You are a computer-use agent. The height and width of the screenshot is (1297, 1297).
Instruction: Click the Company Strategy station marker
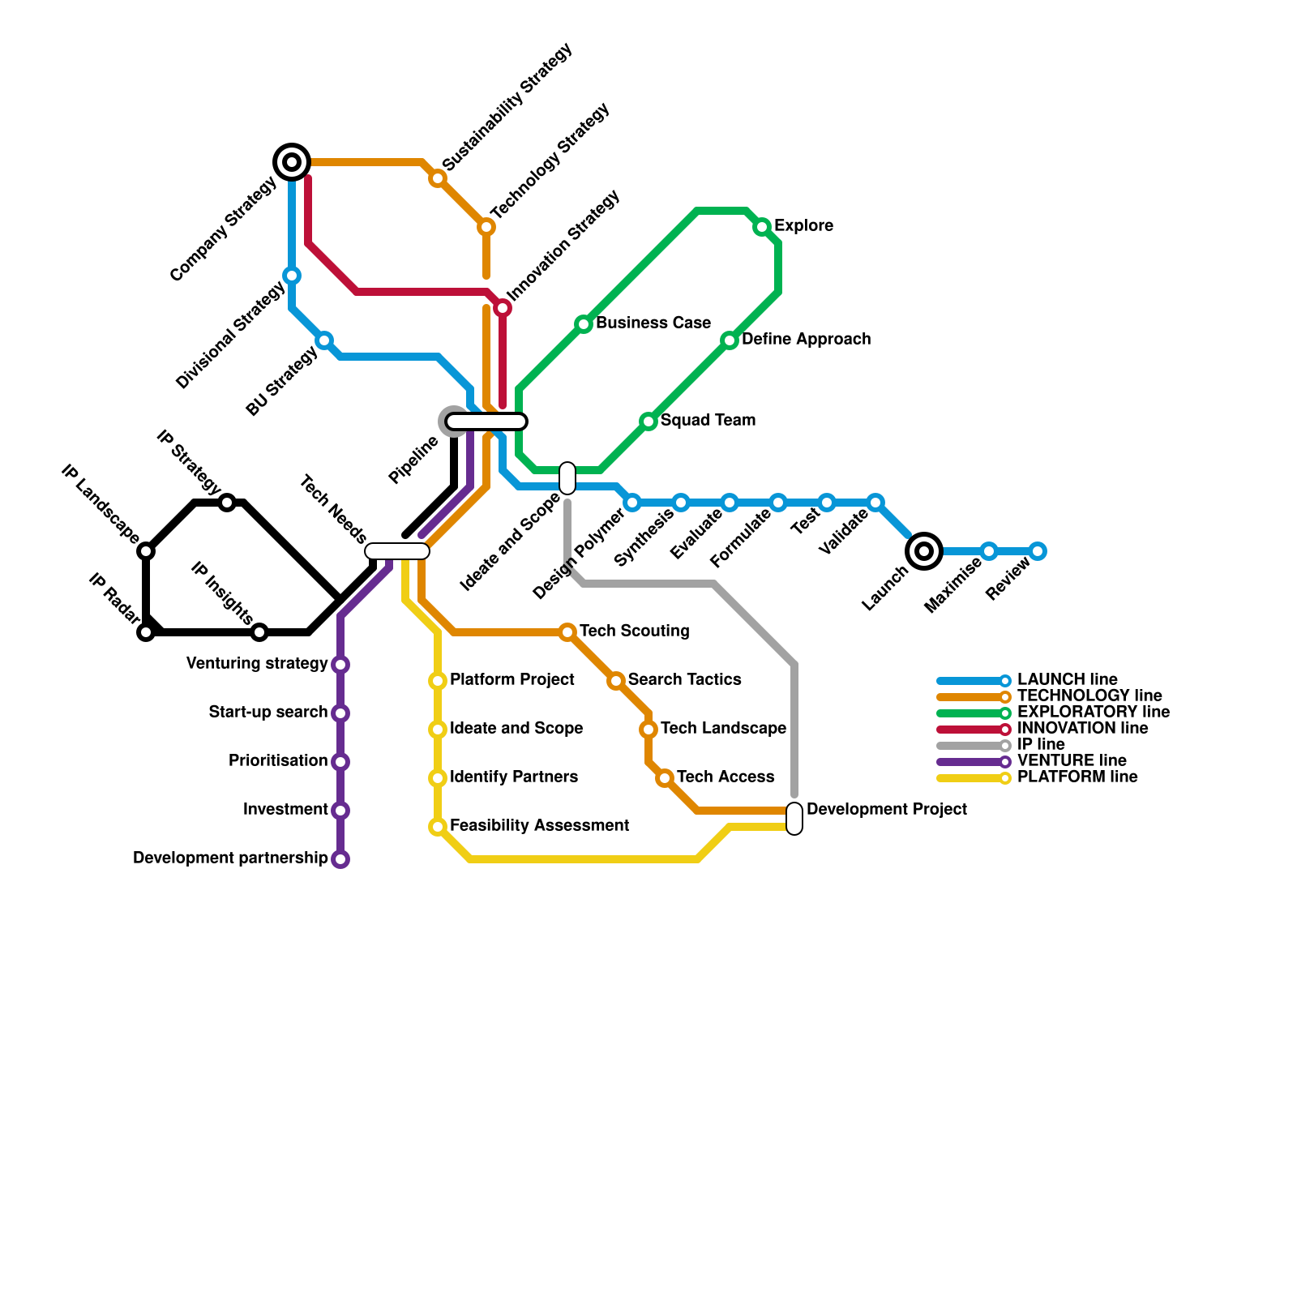tap(292, 162)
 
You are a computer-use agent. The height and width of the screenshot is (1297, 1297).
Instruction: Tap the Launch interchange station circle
tap(924, 551)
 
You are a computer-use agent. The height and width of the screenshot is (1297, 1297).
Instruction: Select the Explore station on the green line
tap(762, 227)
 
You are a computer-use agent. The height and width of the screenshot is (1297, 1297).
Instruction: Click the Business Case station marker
tap(584, 324)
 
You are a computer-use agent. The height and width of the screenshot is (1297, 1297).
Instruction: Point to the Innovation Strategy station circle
tap(503, 308)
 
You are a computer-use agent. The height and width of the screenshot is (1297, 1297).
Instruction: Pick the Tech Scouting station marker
tap(567, 632)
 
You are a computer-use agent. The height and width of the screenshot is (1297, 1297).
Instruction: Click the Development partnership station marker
tap(340, 859)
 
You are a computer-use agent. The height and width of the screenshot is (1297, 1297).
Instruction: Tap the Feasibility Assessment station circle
tap(438, 827)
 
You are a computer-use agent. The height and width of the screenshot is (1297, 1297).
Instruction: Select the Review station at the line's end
tap(1038, 551)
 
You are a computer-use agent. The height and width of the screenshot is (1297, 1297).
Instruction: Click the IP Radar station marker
tap(146, 632)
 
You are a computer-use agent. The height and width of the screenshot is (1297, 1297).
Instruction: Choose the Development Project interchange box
tap(794, 819)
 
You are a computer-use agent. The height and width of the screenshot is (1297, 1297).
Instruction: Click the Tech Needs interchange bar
tap(397, 551)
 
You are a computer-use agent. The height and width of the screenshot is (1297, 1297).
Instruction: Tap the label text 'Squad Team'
tap(708, 420)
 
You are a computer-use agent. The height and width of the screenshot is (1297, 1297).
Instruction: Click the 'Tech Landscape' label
tap(723, 728)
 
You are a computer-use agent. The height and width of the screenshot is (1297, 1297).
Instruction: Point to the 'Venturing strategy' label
tap(257, 663)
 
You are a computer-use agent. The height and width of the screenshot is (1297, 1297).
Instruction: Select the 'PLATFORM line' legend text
tap(1077, 777)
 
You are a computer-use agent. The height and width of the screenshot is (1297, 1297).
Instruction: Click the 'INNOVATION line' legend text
tap(1082, 728)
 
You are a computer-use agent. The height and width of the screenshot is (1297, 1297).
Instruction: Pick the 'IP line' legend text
tap(1041, 744)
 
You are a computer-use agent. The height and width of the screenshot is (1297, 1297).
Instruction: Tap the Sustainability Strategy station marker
tap(438, 178)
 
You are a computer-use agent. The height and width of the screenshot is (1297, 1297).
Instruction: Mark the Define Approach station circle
tap(730, 340)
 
